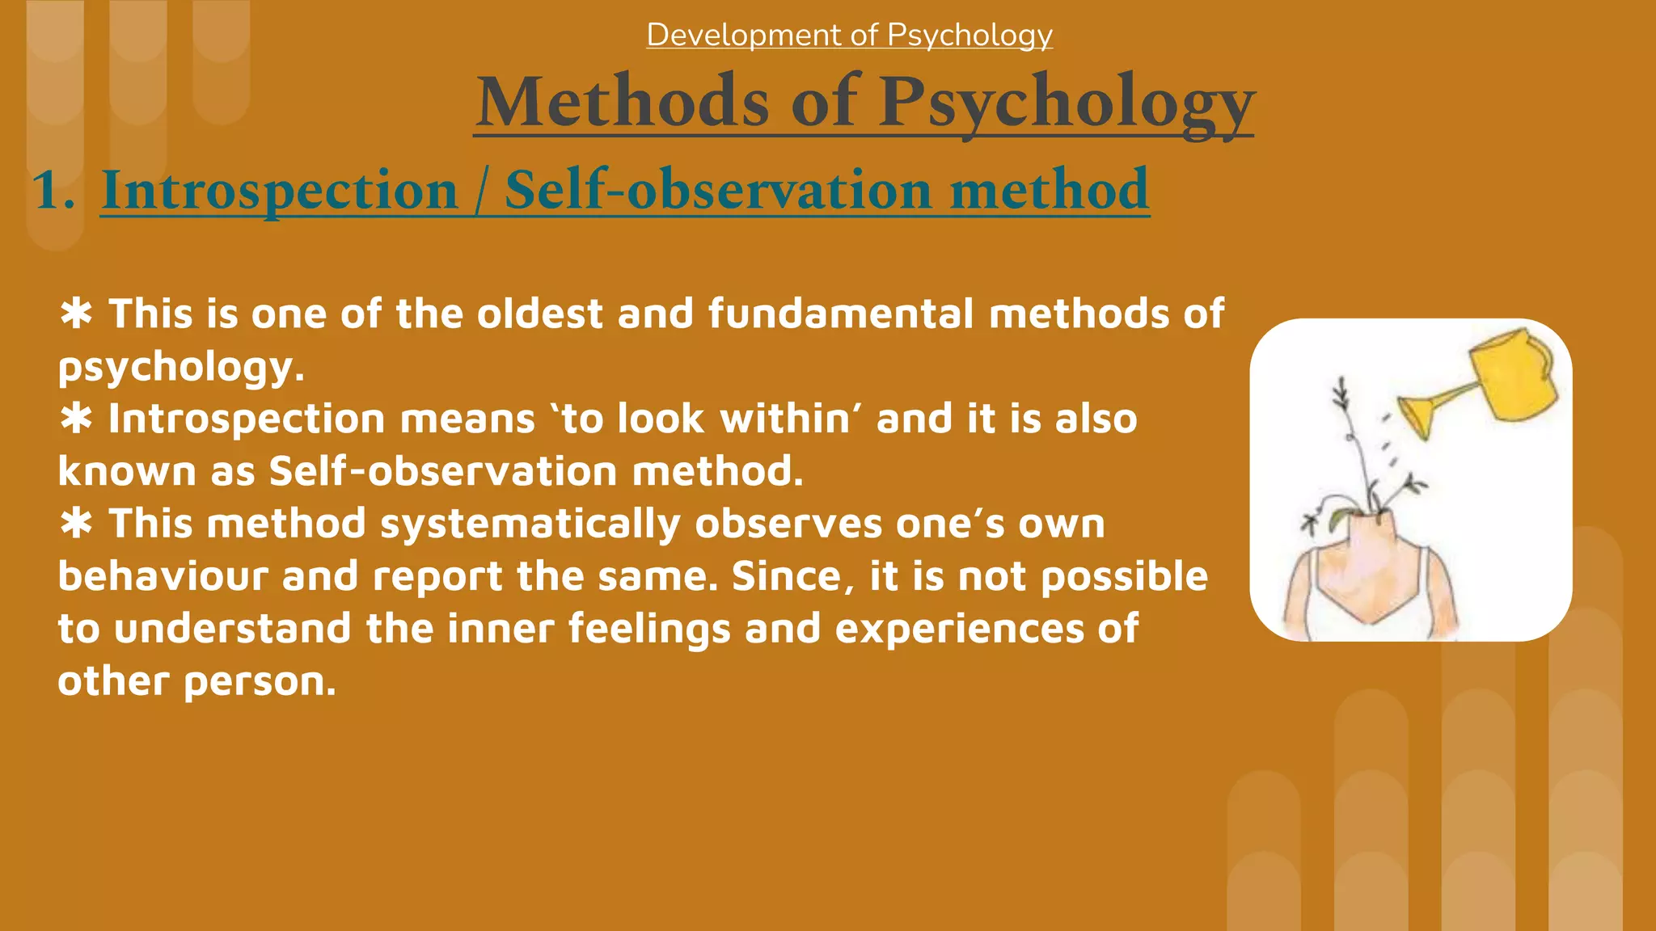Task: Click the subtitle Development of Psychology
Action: coord(849,35)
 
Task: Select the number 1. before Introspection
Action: coord(53,191)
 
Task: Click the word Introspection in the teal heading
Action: coord(279,191)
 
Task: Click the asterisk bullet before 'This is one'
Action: coord(76,314)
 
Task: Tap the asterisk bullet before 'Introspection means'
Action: coord(76,419)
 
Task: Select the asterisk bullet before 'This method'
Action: coord(76,524)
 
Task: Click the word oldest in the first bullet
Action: coord(539,314)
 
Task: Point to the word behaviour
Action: coord(163,576)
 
